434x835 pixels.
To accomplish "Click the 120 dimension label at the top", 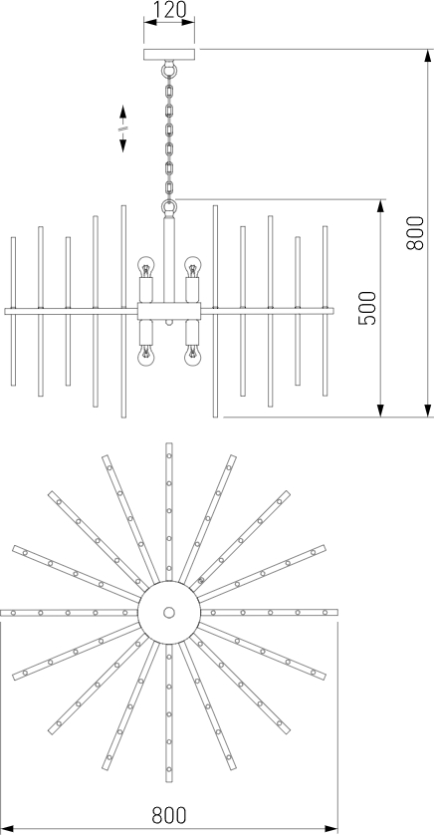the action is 169,9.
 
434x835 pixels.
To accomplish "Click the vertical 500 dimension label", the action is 367,308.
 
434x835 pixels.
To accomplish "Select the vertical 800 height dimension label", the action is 415,233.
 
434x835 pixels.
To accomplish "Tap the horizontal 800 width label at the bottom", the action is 169,815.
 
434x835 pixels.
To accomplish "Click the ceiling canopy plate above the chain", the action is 169,55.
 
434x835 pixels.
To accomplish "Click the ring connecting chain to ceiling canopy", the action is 169,68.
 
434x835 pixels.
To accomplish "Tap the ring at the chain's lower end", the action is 169,206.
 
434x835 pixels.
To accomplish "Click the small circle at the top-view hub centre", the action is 169,613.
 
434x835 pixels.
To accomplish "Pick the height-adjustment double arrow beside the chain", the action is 122,129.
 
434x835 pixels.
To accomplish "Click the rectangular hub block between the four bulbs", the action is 169,311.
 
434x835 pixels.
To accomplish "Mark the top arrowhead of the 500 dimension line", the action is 380,206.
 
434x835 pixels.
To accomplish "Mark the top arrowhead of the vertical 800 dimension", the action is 428,56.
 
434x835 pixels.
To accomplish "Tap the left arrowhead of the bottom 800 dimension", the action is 7,829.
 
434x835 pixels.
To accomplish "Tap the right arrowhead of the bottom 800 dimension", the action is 331,829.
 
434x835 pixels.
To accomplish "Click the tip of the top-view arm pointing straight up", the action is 169,443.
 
